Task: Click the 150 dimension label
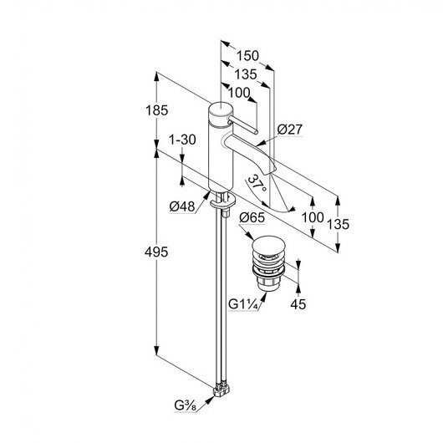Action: [247, 56]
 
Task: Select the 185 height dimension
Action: [156, 110]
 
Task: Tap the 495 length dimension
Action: [156, 252]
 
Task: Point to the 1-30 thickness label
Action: [182, 140]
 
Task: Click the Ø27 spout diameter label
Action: [289, 130]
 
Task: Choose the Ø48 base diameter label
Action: [182, 206]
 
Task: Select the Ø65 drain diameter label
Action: [252, 217]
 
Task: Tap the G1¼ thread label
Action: [243, 304]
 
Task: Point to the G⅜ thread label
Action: [186, 405]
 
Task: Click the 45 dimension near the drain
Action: [298, 304]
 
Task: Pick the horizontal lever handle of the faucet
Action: [242, 125]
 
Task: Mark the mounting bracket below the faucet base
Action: [223, 201]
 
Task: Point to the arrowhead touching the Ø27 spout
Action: [260, 144]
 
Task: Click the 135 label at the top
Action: [246, 74]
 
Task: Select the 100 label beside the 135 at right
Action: [313, 217]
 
